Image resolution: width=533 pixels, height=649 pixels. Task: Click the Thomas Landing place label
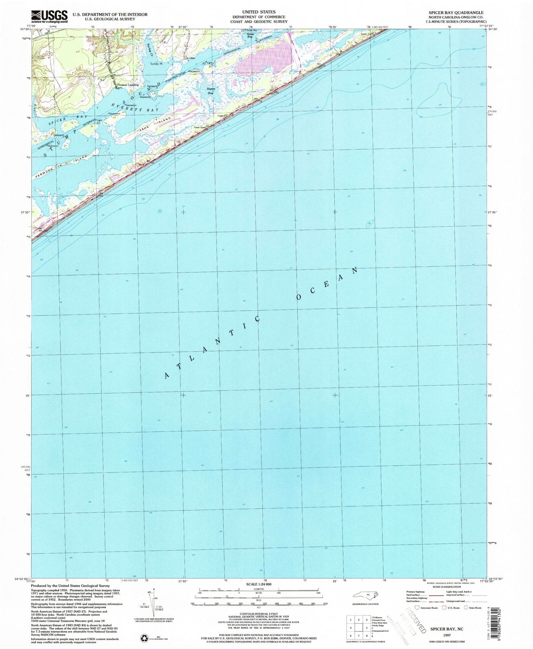coord(128,85)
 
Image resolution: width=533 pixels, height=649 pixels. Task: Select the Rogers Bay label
coord(210,91)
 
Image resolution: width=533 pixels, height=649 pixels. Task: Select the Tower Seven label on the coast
coord(200,128)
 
